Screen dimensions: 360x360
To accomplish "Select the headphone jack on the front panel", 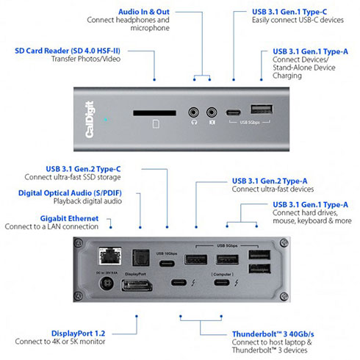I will (x=194, y=114).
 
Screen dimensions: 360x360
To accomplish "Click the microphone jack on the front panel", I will (x=212, y=114).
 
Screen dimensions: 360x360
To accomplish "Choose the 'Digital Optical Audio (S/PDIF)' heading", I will (x=71, y=192).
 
